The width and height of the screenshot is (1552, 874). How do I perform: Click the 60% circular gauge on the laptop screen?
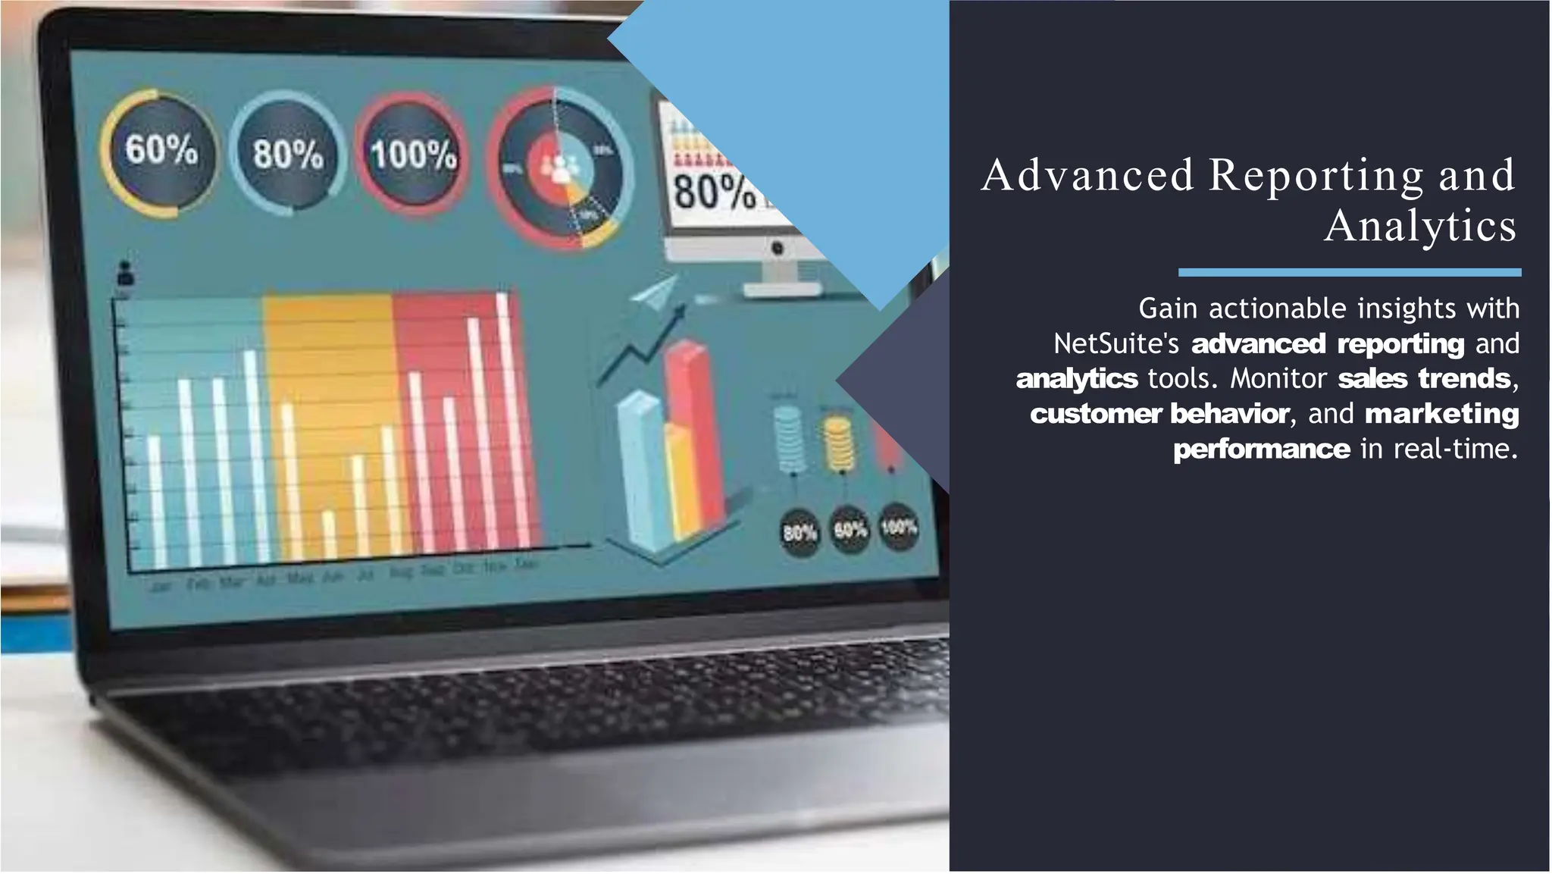pos(160,152)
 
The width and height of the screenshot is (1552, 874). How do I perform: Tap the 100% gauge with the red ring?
pos(412,155)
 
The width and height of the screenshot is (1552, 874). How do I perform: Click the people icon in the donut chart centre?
pos(559,168)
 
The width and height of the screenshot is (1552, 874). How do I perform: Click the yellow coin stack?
pos(838,444)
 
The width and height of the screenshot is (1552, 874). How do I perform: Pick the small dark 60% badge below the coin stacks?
pos(850,529)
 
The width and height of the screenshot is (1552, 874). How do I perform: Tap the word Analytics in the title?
pos(1420,226)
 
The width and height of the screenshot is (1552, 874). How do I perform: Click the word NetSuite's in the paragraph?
pos(1116,344)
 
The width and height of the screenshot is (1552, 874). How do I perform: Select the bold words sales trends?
pos(1424,378)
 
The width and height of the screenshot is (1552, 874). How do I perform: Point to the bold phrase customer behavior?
pos(1159,414)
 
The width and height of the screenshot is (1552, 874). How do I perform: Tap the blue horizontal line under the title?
pos(1349,272)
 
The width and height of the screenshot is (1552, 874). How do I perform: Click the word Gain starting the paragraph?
pos(1167,309)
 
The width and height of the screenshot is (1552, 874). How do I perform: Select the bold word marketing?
pos(1441,414)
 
